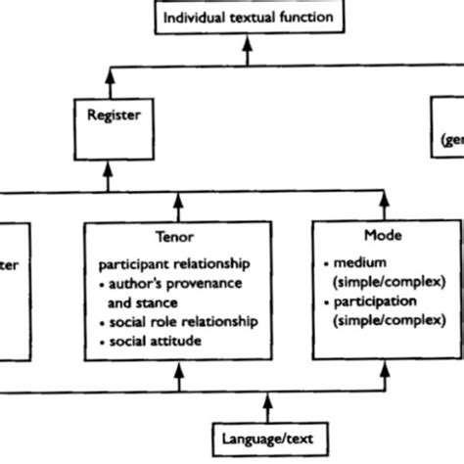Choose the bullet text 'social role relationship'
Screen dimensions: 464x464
click(181, 321)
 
